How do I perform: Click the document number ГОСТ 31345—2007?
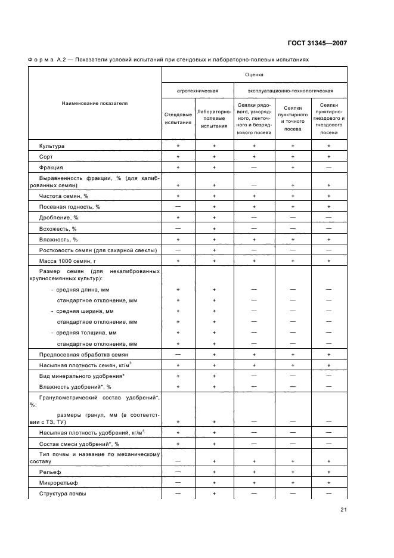pyautogui.click(x=318, y=44)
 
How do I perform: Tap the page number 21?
pyautogui.click(x=343, y=509)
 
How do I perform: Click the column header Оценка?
pyautogui.click(x=254, y=75)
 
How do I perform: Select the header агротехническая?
pyautogui.click(x=197, y=91)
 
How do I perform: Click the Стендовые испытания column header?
pyautogui.click(x=178, y=118)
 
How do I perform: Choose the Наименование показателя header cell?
pyautogui.click(x=95, y=103)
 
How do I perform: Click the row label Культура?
pyautogui.click(x=52, y=146)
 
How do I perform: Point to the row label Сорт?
pyautogui.click(x=46, y=157)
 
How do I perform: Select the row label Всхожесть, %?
pyautogui.click(x=58, y=228)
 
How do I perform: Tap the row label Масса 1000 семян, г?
pyautogui.click(x=67, y=261)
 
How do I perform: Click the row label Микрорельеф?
pyautogui.click(x=58, y=483)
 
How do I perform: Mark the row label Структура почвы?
pyautogui.click(x=63, y=494)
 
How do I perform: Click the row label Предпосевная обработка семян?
pyautogui.click(x=80, y=354)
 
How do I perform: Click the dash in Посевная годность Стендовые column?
pyautogui.click(x=178, y=206)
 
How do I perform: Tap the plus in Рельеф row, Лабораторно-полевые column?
pyautogui.click(x=214, y=472)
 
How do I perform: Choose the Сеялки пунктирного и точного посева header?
pyautogui.click(x=293, y=118)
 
